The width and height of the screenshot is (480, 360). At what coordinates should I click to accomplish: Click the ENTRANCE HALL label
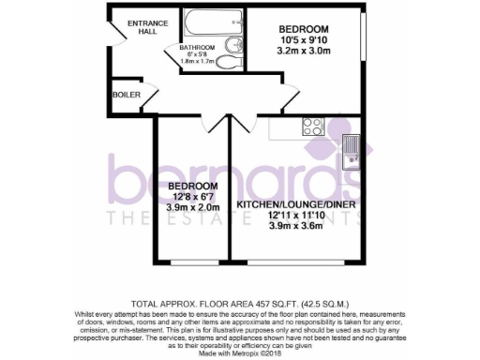tap(144, 27)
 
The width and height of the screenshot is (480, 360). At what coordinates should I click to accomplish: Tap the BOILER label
tap(127, 94)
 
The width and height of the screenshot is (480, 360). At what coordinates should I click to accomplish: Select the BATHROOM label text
tap(197, 48)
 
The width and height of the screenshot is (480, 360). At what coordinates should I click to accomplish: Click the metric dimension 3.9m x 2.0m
tap(193, 207)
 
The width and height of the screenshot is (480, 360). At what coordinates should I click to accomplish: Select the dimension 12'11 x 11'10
tap(292, 215)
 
